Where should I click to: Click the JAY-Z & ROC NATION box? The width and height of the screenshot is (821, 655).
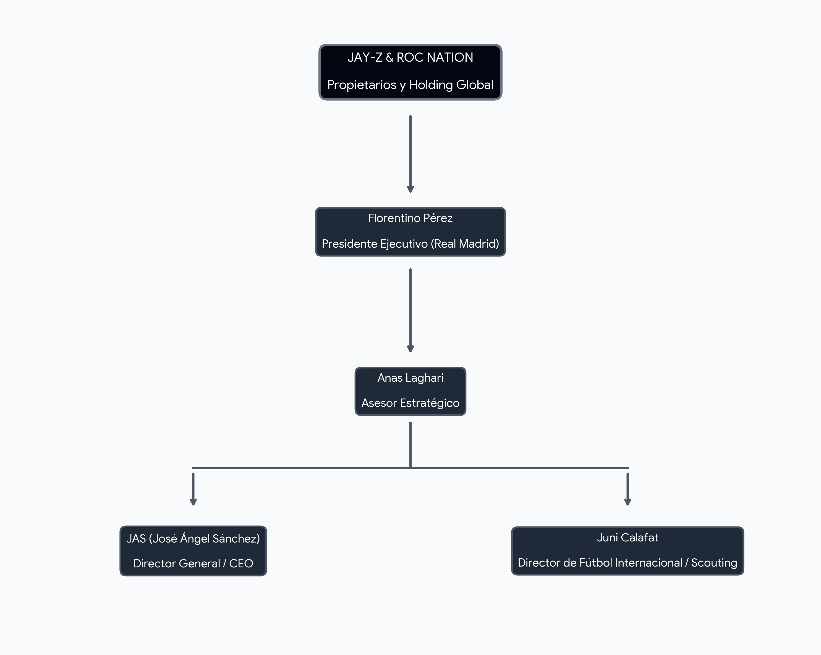pyautogui.click(x=410, y=72)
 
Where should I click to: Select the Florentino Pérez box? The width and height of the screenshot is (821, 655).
pyautogui.click(x=410, y=232)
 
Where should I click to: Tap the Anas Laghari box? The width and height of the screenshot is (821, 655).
pyautogui.click(x=410, y=391)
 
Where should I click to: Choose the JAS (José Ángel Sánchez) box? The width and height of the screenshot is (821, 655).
pyautogui.click(x=193, y=551)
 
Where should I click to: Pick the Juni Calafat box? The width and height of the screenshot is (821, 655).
pyautogui.click(x=627, y=551)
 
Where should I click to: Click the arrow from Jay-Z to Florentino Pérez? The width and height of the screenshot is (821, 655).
pyautogui.click(x=410, y=154)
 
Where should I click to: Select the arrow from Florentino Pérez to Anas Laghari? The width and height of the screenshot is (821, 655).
pyautogui.click(x=410, y=310)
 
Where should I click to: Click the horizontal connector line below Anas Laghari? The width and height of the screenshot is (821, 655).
pyautogui.click(x=410, y=468)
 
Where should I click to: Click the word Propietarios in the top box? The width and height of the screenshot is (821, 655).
pyautogui.click(x=362, y=85)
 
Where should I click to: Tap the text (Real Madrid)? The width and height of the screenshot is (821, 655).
pyautogui.click(x=465, y=244)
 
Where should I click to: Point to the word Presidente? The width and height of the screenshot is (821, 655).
pyautogui.click(x=350, y=244)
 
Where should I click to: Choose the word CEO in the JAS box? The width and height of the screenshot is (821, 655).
pyautogui.click(x=241, y=564)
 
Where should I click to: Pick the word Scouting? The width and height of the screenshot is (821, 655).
pyautogui.click(x=714, y=563)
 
